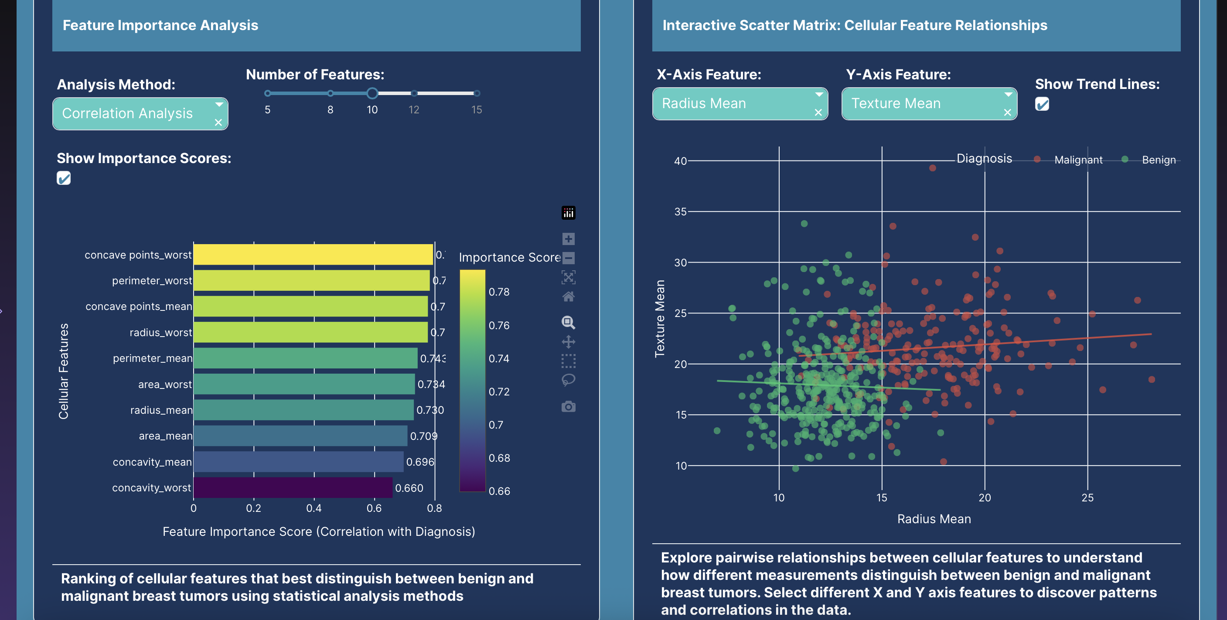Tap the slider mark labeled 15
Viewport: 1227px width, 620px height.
point(476,94)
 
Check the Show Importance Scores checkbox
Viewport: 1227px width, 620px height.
point(64,178)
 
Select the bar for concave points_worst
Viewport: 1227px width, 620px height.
point(313,255)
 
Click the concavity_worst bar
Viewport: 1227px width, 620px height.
point(293,487)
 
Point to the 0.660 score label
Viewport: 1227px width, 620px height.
point(409,488)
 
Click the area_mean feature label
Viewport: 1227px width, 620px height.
point(165,436)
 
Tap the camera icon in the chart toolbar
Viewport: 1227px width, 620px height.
point(568,407)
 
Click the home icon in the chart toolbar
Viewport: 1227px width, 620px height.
point(568,296)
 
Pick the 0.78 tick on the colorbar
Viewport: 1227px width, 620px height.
point(499,292)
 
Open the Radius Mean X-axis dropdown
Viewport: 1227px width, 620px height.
point(740,103)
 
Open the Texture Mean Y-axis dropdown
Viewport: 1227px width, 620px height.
point(929,103)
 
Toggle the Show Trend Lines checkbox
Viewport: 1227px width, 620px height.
point(1042,104)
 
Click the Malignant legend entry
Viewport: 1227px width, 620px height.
point(1078,160)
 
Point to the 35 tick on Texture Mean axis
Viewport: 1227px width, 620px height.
point(680,211)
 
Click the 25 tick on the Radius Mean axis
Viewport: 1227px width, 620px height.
point(1087,497)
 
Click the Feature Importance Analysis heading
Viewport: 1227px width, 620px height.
point(160,25)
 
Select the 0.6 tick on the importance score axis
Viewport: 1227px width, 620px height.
point(374,508)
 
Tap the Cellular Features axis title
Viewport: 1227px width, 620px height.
point(63,371)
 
